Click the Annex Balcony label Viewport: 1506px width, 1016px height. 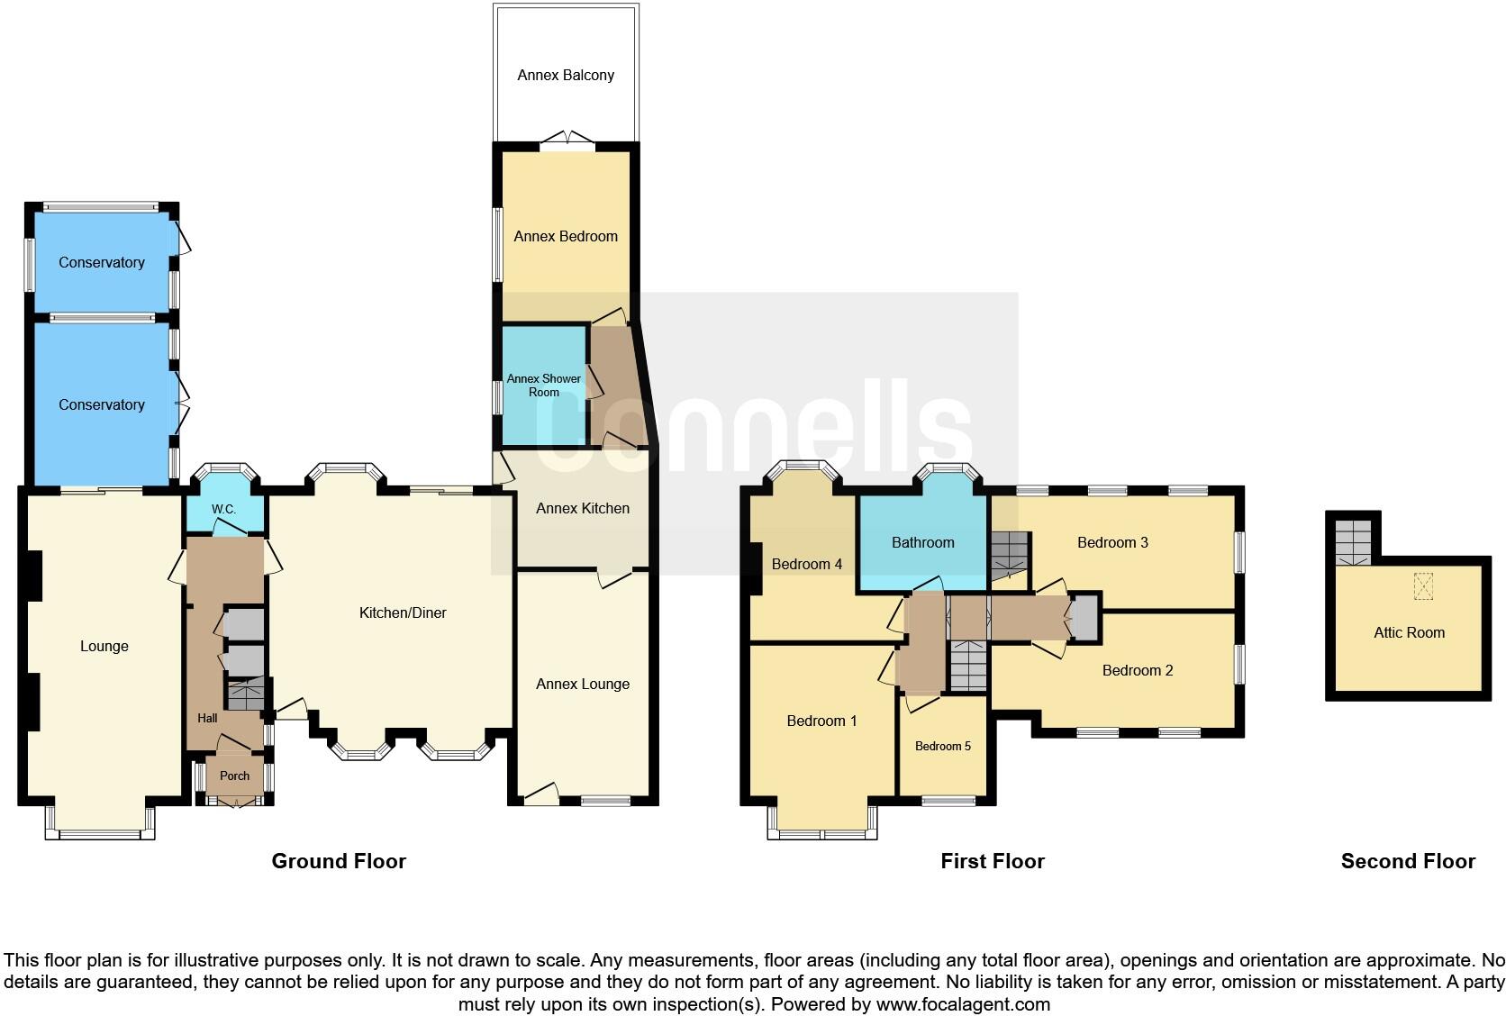(566, 76)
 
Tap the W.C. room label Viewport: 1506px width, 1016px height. (223, 510)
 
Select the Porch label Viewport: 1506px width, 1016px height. (234, 776)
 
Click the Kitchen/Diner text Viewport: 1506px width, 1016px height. (403, 613)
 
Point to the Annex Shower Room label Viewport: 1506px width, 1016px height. (543, 386)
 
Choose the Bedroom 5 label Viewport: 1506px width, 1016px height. (943, 746)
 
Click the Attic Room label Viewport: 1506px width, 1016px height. (1409, 633)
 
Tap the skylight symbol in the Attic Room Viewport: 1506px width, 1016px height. (1423, 586)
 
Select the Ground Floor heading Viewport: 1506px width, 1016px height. (339, 861)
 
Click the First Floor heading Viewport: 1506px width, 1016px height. (992, 861)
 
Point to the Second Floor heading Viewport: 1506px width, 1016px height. (1408, 861)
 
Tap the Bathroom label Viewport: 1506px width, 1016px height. (922, 542)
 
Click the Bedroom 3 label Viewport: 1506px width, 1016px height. (1112, 542)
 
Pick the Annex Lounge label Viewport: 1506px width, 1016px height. (583, 684)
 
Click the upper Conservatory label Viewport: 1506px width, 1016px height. (102, 262)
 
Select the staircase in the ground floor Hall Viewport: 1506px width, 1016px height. (245, 694)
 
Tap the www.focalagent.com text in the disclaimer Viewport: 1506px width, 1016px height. (963, 1003)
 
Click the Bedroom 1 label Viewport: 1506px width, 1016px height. (821, 721)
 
